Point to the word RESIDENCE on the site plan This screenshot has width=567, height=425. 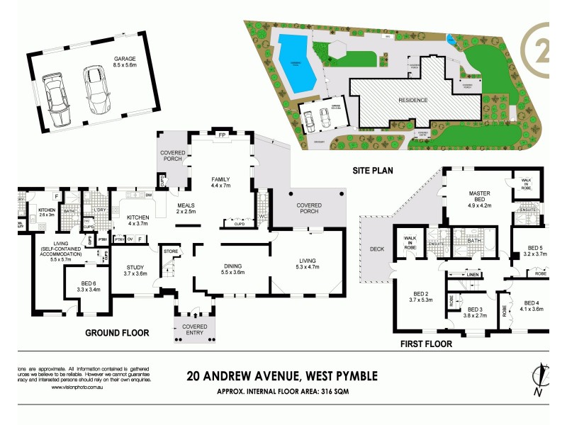click(413, 100)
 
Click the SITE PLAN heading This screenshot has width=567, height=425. click(374, 171)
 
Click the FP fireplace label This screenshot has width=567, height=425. click(222, 135)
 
